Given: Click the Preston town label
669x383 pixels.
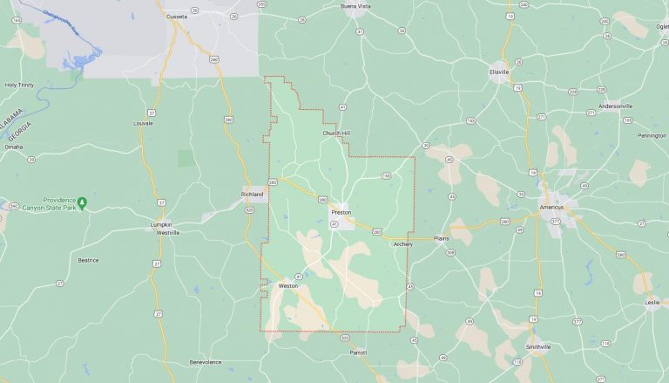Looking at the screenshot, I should click(x=341, y=212).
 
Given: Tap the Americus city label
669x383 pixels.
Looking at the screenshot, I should click(x=551, y=207).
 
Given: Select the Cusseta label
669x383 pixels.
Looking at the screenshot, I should click(x=177, y=16).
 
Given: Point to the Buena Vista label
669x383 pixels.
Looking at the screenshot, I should click(x=355, y=6).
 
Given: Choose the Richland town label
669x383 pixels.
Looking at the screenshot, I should click(x=252, y=195).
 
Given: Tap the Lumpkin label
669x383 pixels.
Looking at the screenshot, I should click(x=160, y=224).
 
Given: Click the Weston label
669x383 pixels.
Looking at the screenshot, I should click(x=287, y=285).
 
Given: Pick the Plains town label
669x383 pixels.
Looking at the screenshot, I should click(x=442, y=237).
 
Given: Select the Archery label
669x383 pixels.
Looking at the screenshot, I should click(x=402, y=244).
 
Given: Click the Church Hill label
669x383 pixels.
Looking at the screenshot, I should click(x=336, y=133).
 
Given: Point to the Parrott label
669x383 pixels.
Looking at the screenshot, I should click(x=358, y=352).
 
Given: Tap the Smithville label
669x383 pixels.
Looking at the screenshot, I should click(x=538, y=346).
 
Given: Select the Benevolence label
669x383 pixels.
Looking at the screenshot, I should click(x=206, y=362).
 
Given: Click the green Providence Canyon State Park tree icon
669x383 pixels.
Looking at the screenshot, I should click(x=82, y=202).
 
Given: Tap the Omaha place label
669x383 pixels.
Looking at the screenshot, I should click(x=13, y=147).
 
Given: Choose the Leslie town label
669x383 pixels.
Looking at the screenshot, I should click(x=652, y=302).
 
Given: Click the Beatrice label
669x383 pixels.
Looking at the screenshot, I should click(x=88, y=260).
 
